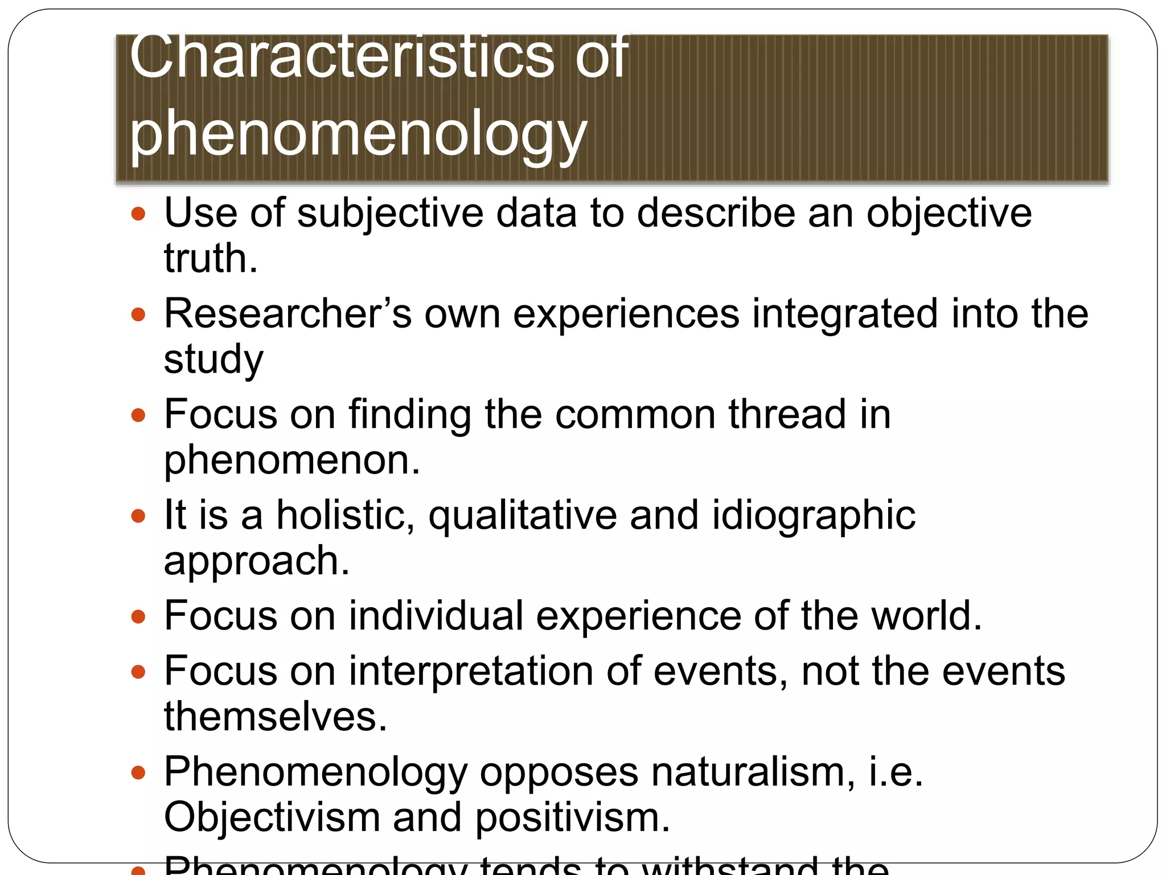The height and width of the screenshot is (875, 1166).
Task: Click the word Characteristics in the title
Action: pyautogui.click(x=342, y=57)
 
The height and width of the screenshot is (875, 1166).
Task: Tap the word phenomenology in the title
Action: pyautogui.click(x=358, y=134)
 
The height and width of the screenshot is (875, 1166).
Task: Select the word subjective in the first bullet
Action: pyautogui.click(x=390, y=213)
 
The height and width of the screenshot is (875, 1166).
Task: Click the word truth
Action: pyautogui.click(x=211, y=258)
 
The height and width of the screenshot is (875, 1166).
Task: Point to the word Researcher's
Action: pyautogui.click(x=288, y=314)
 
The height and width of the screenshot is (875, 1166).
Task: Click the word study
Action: pyautogui.click(x=214, y=359)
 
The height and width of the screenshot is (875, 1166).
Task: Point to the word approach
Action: pyautogui.click(x=256, y=561)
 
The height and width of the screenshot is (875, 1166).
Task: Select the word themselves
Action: pyautogui.click(x=276, y=717)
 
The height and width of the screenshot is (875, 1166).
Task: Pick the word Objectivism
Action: pyautogui.click(x=272, y=817)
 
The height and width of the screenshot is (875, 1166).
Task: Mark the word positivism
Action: pyautogui.click(x=572, y=817)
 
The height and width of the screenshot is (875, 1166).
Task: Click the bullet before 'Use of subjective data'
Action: pyautogui.click(x=138, y=215)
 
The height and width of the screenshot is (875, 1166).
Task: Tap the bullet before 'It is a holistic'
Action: pyautogui.click(x=138, y=517)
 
